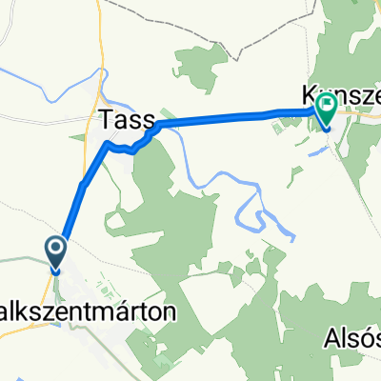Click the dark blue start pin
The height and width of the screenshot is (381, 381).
55,253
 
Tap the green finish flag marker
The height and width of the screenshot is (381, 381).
327,111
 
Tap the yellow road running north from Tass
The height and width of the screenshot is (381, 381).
99,38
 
